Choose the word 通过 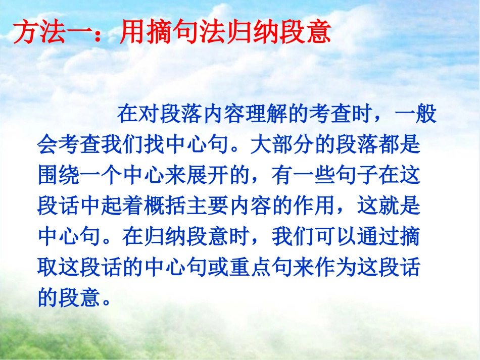coord(377,237)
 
